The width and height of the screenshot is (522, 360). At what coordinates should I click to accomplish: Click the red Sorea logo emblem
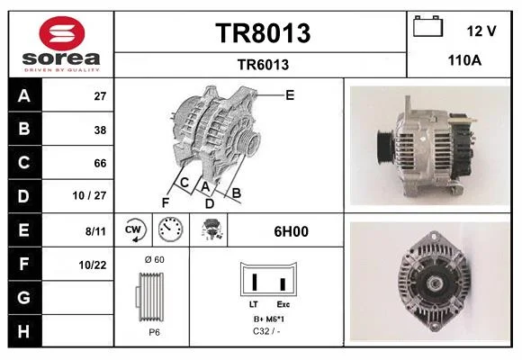tap(62, 33)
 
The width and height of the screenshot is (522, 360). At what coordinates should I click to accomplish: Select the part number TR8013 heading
tap(263, 33)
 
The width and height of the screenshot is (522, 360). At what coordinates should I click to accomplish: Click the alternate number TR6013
tap(263, 65)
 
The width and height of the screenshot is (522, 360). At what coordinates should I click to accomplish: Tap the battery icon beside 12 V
tap(428, 26)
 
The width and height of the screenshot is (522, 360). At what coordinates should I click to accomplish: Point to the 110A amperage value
tap(464, 60)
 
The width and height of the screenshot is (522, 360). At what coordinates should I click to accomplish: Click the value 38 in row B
tap(100, 130)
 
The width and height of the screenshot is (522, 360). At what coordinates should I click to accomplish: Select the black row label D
tap(24, 196)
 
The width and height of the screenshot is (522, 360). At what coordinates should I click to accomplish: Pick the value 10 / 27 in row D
tap(90, 195)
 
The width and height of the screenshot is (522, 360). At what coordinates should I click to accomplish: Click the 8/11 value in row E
tap(95, 231)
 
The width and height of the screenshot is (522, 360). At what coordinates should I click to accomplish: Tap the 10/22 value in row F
tap(93, 265)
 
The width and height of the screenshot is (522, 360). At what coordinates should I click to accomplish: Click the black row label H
tap(24, 331)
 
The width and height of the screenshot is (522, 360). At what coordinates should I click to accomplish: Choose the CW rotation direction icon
tap(134, 229)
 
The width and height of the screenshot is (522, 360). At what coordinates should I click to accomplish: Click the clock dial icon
tap(170, 229)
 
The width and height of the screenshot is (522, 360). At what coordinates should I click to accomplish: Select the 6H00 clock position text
tap(291, 231)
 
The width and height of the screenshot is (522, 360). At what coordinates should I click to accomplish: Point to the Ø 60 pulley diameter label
tap(155, 259)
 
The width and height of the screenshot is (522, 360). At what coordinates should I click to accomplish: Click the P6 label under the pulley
tap(155, 332)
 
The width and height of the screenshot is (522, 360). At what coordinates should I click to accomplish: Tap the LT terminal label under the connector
tap(253, 304)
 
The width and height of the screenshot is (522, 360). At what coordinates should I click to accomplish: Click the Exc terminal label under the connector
tap(283, 304)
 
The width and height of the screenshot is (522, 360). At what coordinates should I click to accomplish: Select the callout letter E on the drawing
tap(290, 95)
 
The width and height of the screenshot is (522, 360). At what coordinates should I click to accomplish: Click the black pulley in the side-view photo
tap(385, 147)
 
